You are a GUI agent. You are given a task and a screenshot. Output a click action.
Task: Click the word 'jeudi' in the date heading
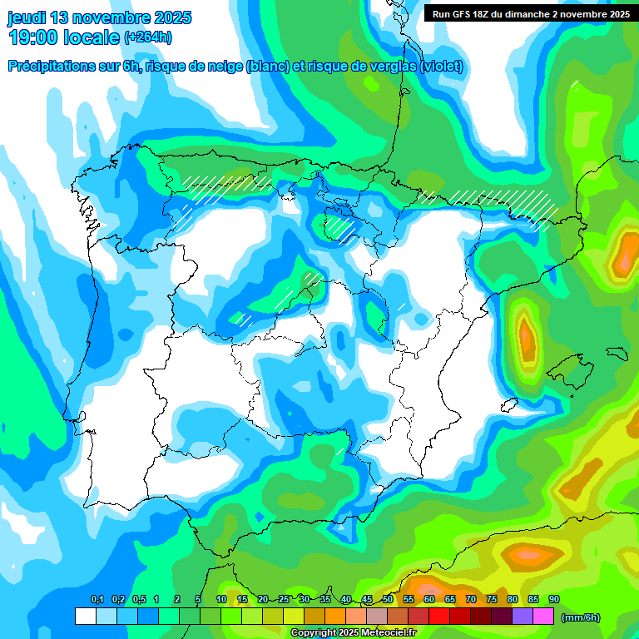pyautogui.click(x=27, y=17)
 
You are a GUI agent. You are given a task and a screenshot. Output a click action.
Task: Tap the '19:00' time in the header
pyautogui.click(x=34, y=37)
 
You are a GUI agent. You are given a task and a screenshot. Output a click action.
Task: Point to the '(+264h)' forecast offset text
pyautogui.click(x=147, y=37)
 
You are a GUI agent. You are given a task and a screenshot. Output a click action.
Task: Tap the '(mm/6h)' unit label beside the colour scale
pyautogui.click(x=580, y=617)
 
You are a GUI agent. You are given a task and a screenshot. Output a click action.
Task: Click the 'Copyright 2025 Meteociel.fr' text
pyautogui.click(x=353, y=633)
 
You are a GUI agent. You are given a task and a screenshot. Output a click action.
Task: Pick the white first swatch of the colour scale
pyautogui.click(x=85, y=617)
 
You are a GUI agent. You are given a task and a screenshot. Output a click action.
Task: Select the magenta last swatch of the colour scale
pyautogui.click(x=544, y=617)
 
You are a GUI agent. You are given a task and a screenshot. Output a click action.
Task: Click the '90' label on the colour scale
pyautogui.click(x=554, y=600)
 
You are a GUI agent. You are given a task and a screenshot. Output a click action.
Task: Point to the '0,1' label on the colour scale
pyautogui.click(x=97, y=600)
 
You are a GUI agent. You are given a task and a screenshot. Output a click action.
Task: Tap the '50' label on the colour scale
pyautogui.click(x=388, y=600)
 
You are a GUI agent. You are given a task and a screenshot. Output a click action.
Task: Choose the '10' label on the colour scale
pyautogui.click(x=221, y=600)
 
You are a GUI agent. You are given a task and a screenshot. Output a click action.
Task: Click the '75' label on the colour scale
pyautogui.click(x=492, y=600)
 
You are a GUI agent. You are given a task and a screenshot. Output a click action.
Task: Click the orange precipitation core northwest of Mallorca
pyautogui.click(x=526, y=335)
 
